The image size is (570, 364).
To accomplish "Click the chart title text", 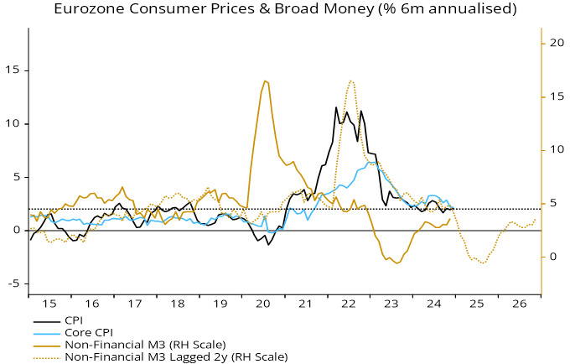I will pos(284,10).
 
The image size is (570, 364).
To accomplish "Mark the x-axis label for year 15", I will pos(50,305).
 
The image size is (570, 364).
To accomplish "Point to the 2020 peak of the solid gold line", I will pos(265,81).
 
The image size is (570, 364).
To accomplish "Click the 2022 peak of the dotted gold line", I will pos(350,81).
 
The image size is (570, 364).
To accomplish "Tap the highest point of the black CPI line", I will pos(336,107).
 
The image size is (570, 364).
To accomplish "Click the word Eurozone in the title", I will pos(88,10).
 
